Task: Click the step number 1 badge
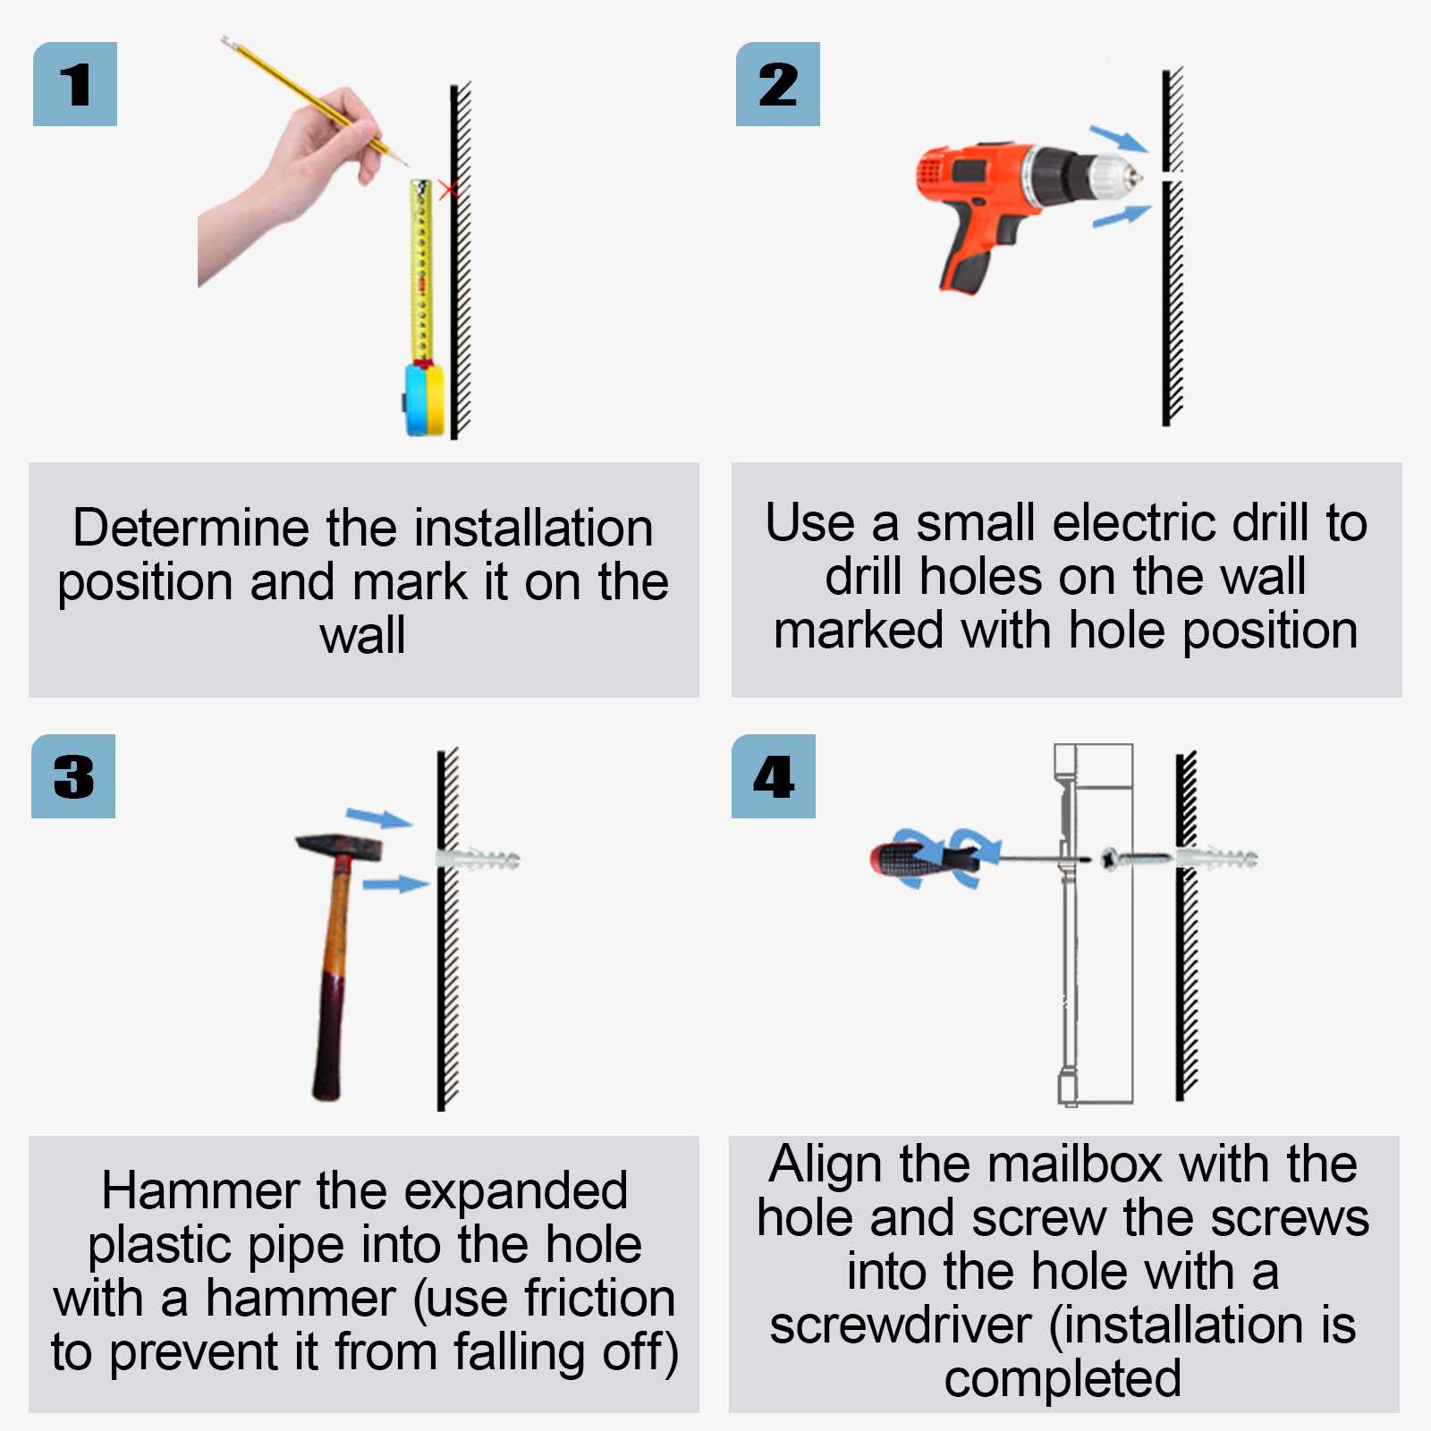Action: (x=75, y=84)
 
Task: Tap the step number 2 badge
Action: (x=778, y=84)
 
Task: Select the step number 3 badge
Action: (x=73, y=776)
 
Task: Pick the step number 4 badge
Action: (x=774, y=776)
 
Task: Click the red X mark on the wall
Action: (x=448, y=190)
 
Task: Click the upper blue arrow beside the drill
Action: (x=1118, y=139)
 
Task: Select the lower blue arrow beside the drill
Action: (x=1122, y=216)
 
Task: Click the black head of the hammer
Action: (x=338, y=847)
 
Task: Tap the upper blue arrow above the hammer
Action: (x=379, y=817)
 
